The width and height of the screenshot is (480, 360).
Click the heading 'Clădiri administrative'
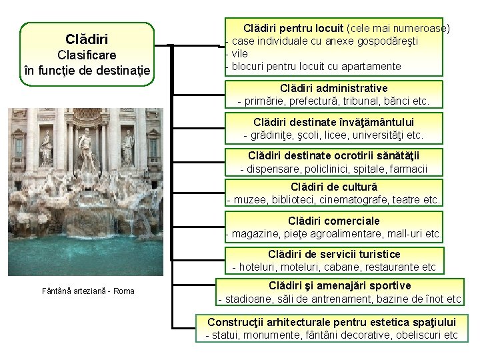(x=334, y=88)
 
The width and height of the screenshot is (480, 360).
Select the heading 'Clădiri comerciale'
(x=334, y=220)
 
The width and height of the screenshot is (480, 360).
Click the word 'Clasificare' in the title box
(x=87, y=55)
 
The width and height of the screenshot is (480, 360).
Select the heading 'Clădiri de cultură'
(x=334, y=186)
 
